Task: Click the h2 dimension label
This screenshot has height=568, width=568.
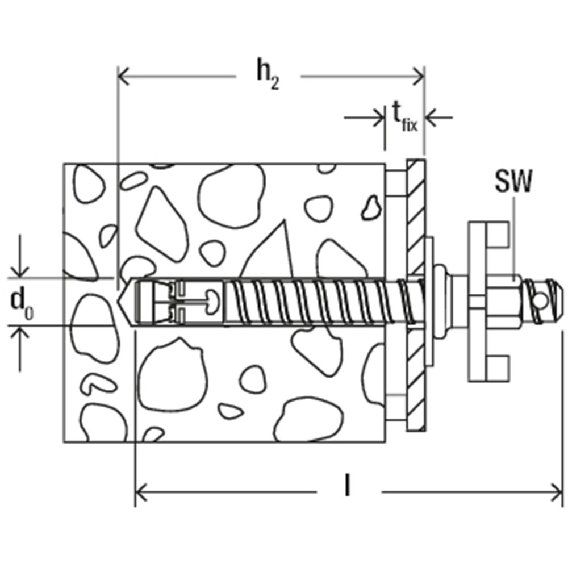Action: pyautogui.click(x=266, y=75)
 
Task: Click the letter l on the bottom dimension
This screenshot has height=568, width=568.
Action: pyautogui.click(x=347, y=487)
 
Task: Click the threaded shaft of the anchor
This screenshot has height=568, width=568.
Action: pyautogui.click(x=312, y=301)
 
